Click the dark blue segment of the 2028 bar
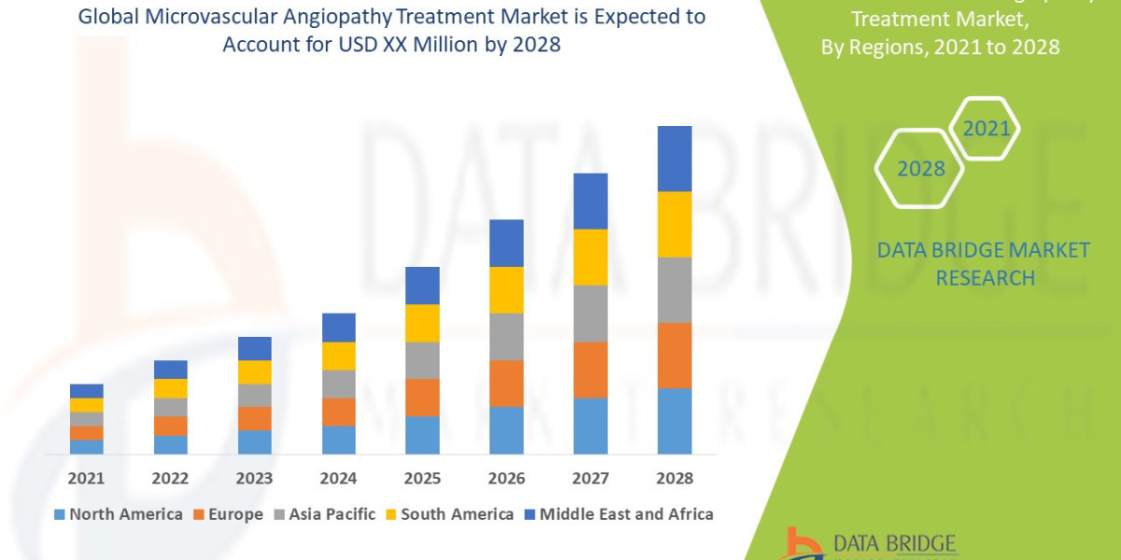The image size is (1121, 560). (674, 159)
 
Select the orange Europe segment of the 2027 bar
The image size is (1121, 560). (590, 370)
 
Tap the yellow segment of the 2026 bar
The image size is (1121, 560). (506, 289)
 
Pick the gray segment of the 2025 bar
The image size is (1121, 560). (422, 360)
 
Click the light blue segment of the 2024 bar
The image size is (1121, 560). (338, 440)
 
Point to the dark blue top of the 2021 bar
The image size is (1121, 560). (87, 390)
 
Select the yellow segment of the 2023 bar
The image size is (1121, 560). (254, 371)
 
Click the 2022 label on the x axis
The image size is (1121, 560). (170, 478)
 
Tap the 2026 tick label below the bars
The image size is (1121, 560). (506, 478)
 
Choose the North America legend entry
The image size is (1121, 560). (119, 513)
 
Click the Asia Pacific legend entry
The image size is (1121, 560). (324, 513)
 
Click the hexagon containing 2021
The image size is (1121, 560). (986, 129)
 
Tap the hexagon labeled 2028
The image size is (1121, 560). (920, 169)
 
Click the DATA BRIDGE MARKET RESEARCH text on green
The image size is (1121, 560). (984, 263)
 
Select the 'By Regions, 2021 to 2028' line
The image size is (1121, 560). (940, 47)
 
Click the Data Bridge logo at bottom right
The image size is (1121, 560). (870, 544)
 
